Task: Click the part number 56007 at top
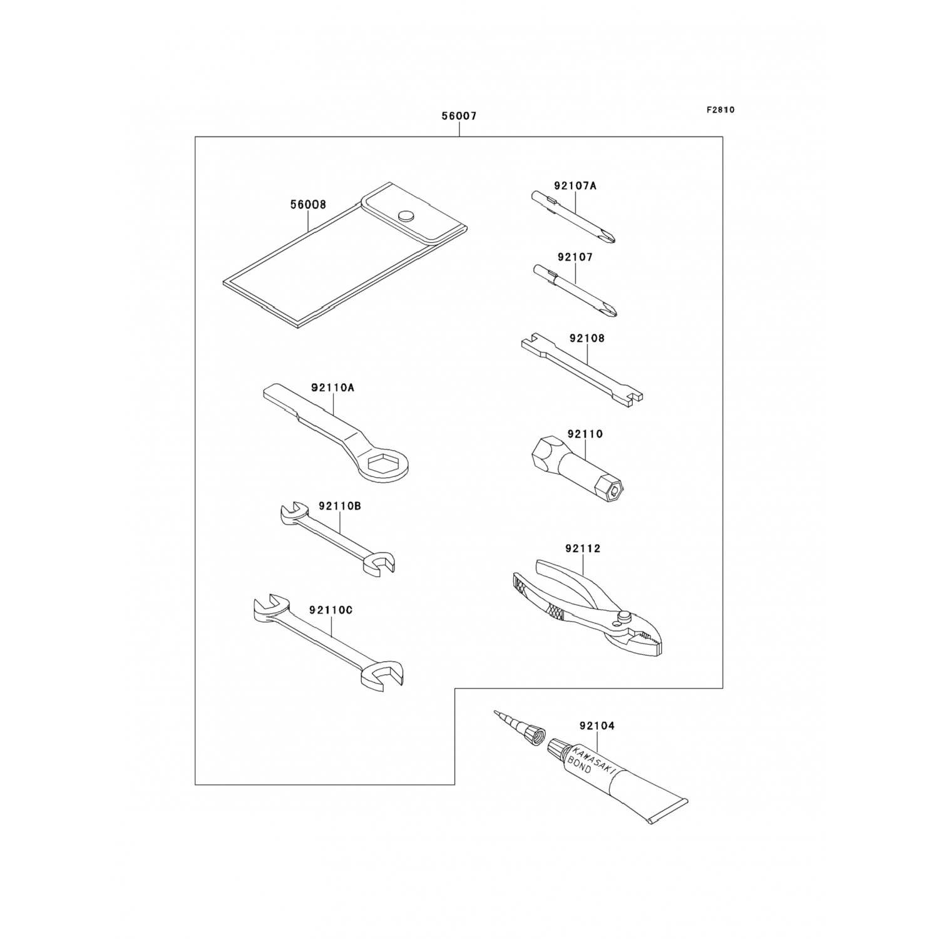point(459,116)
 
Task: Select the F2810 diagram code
point(721,110)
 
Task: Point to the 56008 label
point(308,205)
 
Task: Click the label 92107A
point(575,185)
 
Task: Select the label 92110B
point(339,505)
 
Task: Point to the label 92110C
point(331,609)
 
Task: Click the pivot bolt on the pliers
point(622,618)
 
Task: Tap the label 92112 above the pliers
point(582,548)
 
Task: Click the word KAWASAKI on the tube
point(593,759)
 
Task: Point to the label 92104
point(597,726)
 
